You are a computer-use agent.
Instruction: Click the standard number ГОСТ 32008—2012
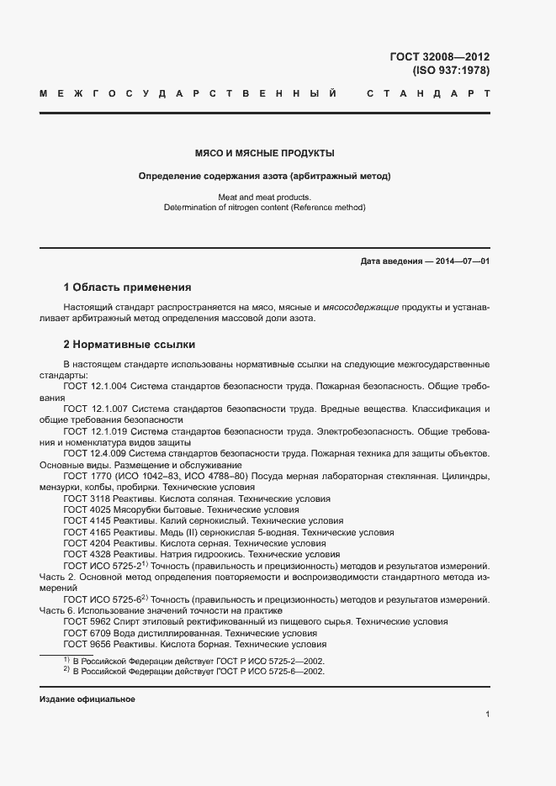point(439,57)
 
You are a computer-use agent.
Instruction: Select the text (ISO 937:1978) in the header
point(451,71)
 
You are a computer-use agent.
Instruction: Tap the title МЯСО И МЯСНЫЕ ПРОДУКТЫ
point(265,154)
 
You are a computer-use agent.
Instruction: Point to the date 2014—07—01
point(458,261)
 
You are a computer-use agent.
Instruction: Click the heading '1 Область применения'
point(127,287)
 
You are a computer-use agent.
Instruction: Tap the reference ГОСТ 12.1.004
point(96,386)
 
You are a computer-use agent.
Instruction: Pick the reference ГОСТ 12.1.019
point(96,431)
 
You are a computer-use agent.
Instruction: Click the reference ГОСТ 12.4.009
point(96,454)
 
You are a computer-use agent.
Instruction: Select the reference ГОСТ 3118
point(87,499)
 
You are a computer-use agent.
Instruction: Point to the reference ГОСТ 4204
point(87,544)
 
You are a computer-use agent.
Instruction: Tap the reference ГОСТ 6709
point(87,633)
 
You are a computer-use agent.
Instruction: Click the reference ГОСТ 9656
point(87,645)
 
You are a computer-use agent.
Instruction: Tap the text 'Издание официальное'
point(87,699)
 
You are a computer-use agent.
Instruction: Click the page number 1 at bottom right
point(488,715)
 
